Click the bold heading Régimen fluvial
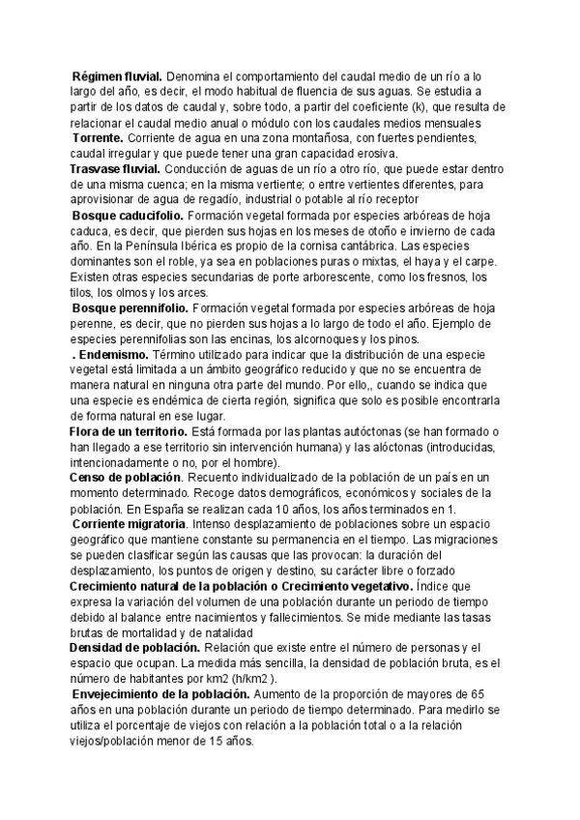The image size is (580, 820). pos(118,75)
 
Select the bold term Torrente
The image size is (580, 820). pos(103,138)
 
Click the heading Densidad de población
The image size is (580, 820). pos(133,619)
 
